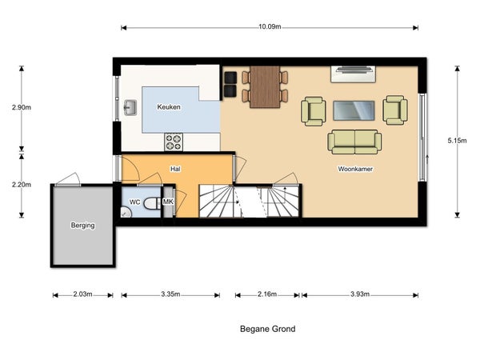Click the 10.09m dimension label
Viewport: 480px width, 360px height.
coord(270,26)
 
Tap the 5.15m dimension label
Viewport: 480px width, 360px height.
coord(457,141)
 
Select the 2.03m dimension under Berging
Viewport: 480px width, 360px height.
coord(82,294)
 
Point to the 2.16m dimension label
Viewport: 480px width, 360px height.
coord(267,294)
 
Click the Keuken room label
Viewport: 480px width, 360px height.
coord(169,107)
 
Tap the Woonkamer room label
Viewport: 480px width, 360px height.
coord(355,169)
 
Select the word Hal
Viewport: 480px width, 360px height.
coord(175,169)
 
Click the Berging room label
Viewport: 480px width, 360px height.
coord(82,226)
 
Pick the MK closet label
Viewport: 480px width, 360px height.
coord(168,202)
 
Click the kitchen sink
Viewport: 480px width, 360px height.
coord(130,108)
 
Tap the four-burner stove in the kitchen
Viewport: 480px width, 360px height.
coord(174,142)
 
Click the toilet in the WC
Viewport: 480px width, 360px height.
coord(152,203)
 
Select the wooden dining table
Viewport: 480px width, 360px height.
coord(265,87)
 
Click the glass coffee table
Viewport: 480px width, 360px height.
coord(354,110)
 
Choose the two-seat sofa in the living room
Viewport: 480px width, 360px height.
coord(354,142)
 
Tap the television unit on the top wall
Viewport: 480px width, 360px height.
coord(354,74)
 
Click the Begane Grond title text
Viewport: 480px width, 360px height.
coord(268,329)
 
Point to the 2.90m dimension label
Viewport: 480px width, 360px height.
coord(22,107)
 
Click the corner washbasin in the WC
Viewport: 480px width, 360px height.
coord(126,213)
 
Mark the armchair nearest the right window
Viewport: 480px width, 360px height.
coord(395,110)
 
